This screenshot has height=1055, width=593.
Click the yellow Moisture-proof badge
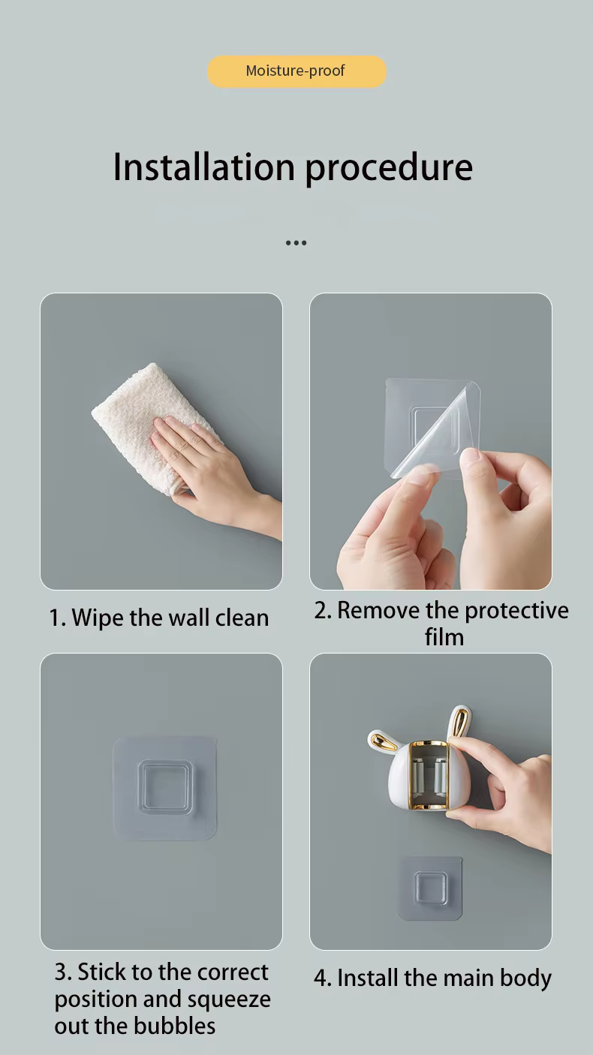296,71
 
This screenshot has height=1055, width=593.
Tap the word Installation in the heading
204,167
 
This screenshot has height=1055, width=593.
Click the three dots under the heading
296,243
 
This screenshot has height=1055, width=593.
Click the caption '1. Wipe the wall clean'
159,618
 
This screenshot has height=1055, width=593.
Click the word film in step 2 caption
444,637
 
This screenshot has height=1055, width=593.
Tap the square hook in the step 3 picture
165,787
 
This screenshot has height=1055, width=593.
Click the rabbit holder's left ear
385,741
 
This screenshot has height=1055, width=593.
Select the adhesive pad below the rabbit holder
430,888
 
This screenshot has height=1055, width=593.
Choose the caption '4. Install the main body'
432,978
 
